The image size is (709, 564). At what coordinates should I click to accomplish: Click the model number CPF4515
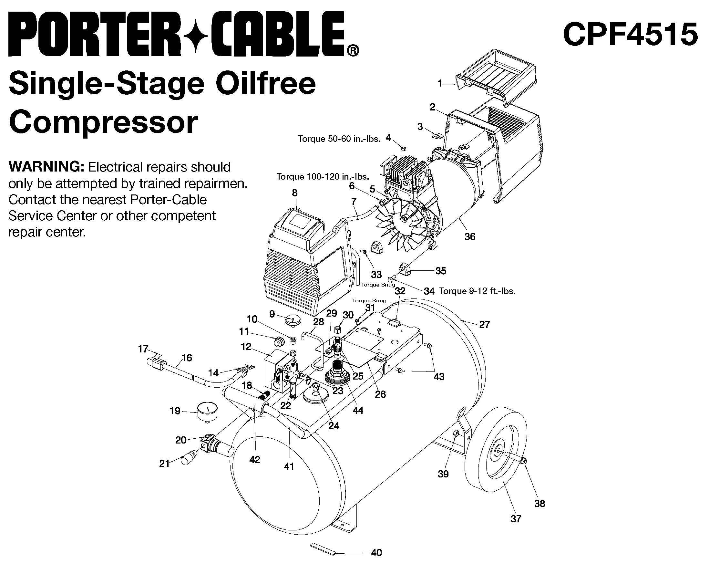(x=630, y=34)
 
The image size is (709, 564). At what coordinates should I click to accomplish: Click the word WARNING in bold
(x=46, y=167)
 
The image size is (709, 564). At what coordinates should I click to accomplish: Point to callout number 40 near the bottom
(x=376, y=552)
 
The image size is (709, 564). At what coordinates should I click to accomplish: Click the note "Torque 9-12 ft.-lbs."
(x=477, y=291)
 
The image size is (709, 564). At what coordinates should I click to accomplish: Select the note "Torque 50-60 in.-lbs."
(x=339, y=139)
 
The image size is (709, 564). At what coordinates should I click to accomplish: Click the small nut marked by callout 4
(x=403, y=148)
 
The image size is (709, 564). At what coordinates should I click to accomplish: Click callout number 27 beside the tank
(x=484, y=324)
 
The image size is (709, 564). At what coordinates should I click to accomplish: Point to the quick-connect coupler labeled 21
(x=189, y=458)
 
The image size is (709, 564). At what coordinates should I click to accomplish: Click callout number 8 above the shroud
(x=295, y=193)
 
